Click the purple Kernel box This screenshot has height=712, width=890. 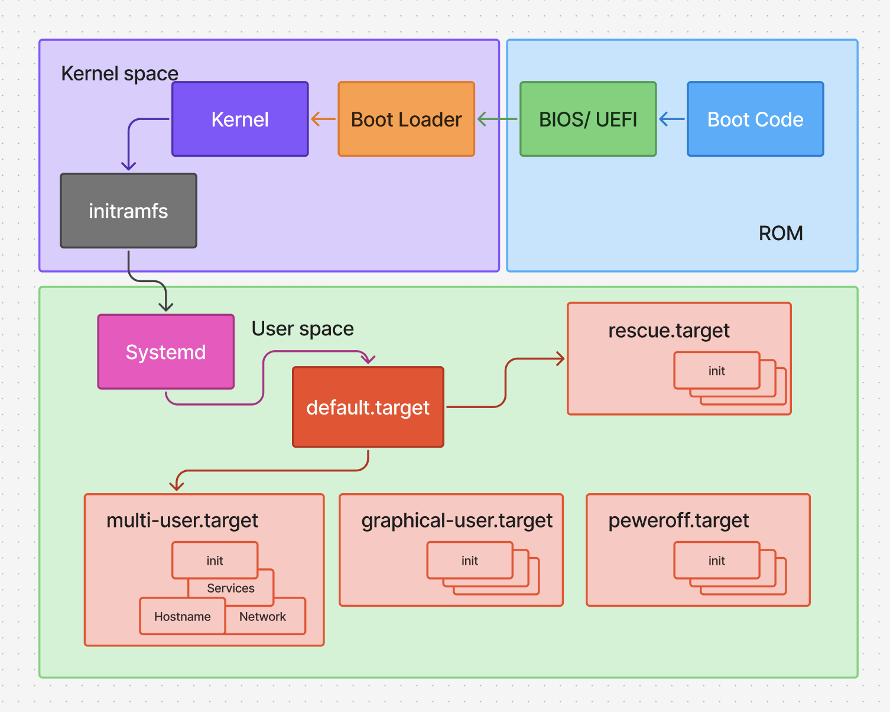(x=240, y=119)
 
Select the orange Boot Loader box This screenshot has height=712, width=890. (x=406, y=119)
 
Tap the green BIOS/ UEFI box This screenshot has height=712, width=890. (x=588, y=119)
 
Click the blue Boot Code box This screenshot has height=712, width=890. (x=755, y=119)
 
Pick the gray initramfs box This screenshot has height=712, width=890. (x=128, y=211)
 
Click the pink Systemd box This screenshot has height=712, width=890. (x=165, y=352)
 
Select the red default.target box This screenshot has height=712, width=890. (x=368, y=407)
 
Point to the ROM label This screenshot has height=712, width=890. (x=780, y=234)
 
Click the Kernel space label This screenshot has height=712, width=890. (x=119, y=73)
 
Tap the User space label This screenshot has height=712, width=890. (x=303, y=329)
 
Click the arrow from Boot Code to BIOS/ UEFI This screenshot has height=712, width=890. (x=671, y=119)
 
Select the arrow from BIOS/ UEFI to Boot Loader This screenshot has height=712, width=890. (x=497, y=119)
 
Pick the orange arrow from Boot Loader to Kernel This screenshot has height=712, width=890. (x=323, y=119)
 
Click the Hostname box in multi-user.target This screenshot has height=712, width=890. (x=182, y=617)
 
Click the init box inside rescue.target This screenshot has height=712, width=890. (x=716, y=371)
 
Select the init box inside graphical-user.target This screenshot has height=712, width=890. (x=469, y=561)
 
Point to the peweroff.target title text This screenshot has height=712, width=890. (x=678, y=520)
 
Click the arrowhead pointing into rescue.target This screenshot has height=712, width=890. (x=560, y=358)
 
